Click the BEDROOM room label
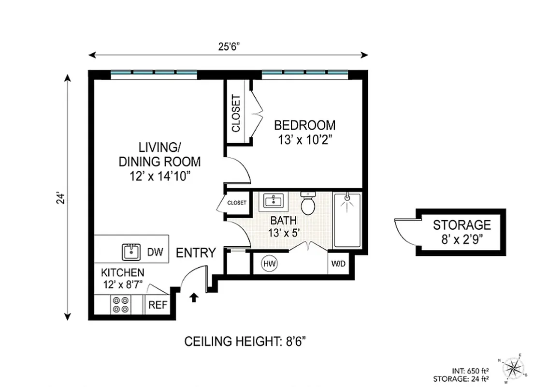coord(304,125)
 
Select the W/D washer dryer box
coord(338,264)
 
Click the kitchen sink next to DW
coord(130,252)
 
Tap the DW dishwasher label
coord(155,252)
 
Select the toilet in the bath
coord(308,204)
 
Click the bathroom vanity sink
coord(274,201)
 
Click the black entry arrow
coord(194,297)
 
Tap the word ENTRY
coord(195,253)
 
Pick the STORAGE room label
coord(461,225)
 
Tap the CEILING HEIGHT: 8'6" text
coord(245,342)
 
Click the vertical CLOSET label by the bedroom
coord(236,114)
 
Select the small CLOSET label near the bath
coord(237,203)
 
